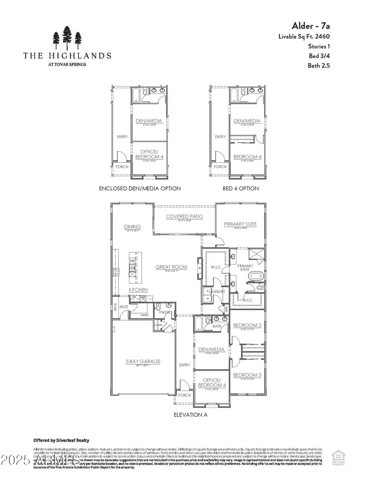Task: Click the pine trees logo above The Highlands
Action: coord(67,38)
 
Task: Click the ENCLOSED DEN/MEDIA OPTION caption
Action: coord(140,188)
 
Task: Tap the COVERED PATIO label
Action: coord(185,216)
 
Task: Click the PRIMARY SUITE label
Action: coord(240,224)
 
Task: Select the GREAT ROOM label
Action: coord(171,267)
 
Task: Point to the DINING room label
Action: coord(132,227)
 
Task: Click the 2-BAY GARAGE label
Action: coord(143,361)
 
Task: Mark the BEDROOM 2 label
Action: coord(247,326)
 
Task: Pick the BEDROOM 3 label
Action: coord(247,375)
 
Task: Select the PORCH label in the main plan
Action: coord(184,395)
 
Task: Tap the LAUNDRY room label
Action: coord(217,291)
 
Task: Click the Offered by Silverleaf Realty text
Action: coord(61,440)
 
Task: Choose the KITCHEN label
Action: coord(138,290)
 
